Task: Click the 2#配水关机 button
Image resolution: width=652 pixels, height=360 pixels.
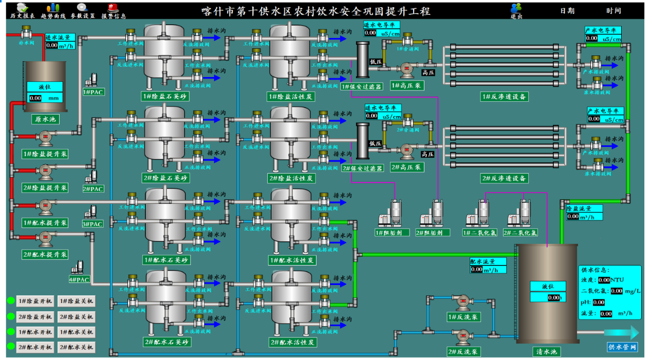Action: point(76,347)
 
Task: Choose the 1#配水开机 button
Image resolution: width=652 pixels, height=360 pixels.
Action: point(35,332)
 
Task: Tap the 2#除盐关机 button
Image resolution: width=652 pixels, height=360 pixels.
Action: point(76,316)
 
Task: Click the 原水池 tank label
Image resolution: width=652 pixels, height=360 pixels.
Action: point(45,119)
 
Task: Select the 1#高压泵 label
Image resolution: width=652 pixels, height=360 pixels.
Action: point(406,85)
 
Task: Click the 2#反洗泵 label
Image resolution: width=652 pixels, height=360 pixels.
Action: point(463,352)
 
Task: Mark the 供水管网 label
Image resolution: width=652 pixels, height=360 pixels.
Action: point(622,347)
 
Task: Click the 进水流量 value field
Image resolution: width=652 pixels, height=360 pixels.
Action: point(52,45)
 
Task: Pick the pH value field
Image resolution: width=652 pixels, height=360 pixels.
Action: point(599,302)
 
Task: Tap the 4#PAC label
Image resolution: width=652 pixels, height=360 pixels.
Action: point(79,280)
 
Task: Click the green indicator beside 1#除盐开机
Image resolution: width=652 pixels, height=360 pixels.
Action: point(10,301)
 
